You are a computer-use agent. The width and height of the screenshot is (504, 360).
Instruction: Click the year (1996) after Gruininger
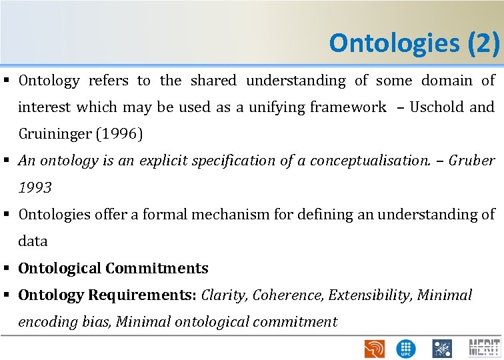tap(121, 134)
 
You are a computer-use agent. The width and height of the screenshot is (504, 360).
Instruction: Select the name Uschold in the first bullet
tap(441, 107)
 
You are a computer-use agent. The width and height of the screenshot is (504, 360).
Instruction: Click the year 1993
tap(35, 188)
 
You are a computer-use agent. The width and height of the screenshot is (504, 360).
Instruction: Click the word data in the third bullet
tap(33, 241)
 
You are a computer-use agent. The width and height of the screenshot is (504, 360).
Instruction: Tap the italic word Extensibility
tap(370, 295)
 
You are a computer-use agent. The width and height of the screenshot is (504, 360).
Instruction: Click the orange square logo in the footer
tap(374, 348)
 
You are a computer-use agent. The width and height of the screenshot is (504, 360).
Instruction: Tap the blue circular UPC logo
tap(405, 348)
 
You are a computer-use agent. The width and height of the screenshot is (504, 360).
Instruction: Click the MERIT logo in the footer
tap(485, 348)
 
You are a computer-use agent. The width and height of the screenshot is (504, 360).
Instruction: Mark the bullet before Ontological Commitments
tap(9, 269)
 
